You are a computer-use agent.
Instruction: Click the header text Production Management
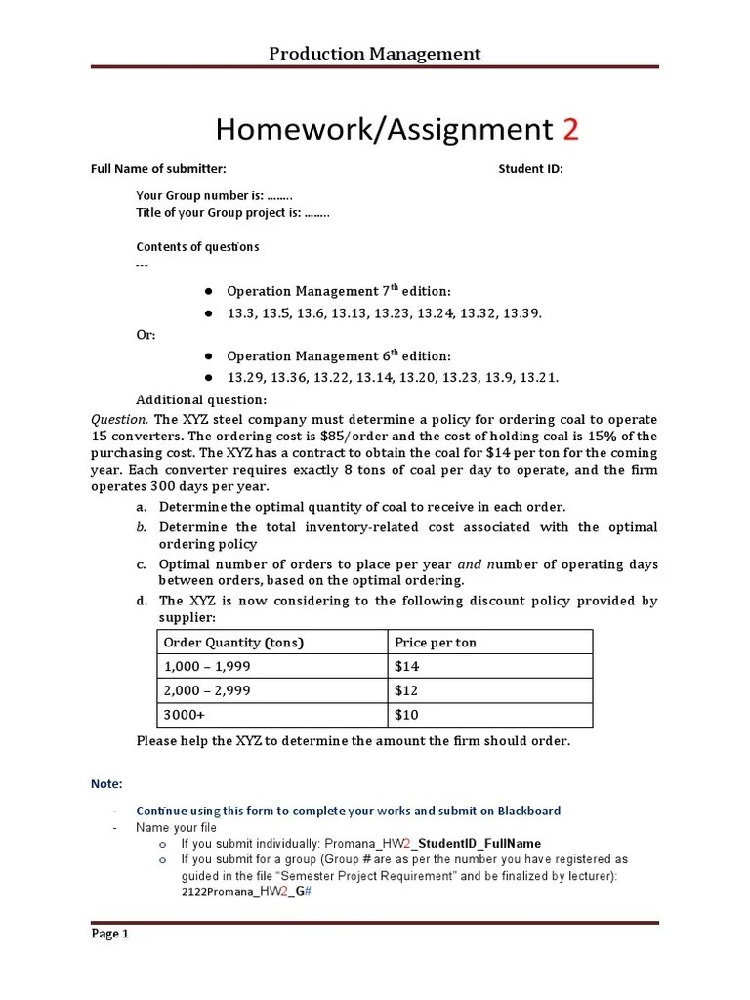pyautogui.click(x=375, y=53)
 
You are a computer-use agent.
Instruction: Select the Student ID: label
pyautogui.click(x=530, y=169)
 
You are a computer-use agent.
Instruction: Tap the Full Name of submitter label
pyautogui.click(x=158, y=169)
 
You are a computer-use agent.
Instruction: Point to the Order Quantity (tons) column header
pyautogui.click(x=233, y=643)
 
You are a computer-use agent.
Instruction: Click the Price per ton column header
pyautogui.click(x=436, y=643)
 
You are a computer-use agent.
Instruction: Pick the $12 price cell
pyautogui.click(x=405, y=690)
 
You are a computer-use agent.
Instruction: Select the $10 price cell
pyautogui.click(x=405, y=715)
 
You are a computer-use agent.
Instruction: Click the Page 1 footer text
pyautogui.click(x=110, y=934)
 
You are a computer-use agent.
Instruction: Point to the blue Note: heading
pyautogui.click(x=106, y=784)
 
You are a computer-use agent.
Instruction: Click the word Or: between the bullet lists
pyautogui.click(x=146, y=335)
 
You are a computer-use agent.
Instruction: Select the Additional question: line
pyautogui.click(x=200, y=400)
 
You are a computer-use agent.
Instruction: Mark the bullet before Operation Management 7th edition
pyautogui.click(x=208, y=292)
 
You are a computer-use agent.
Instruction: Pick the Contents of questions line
pyautogui.click(x=197, y=247)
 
